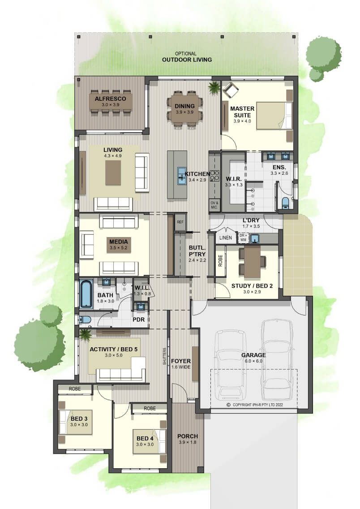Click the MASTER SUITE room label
[x=242, y=112]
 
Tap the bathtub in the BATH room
[x=86, y=293]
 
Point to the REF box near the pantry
[x=180, y=222]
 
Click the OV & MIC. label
[x=214, y=205]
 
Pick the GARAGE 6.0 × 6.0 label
[x=253, y=358]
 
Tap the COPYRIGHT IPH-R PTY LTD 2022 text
[x=255, y=405]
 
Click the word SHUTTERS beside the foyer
[x=164, y=356]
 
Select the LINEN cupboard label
[x=225, y=237]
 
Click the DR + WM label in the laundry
[x=243, y=238]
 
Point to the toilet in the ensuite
[x=285, y=202]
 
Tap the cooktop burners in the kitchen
[x=215, y=176]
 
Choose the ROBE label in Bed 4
[x=150, y=408]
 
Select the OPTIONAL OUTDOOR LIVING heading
[x=187, y=57]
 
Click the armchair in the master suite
[x=230, y=89]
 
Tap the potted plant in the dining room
[x=214, y=87]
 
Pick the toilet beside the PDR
[x=85, y=319]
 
